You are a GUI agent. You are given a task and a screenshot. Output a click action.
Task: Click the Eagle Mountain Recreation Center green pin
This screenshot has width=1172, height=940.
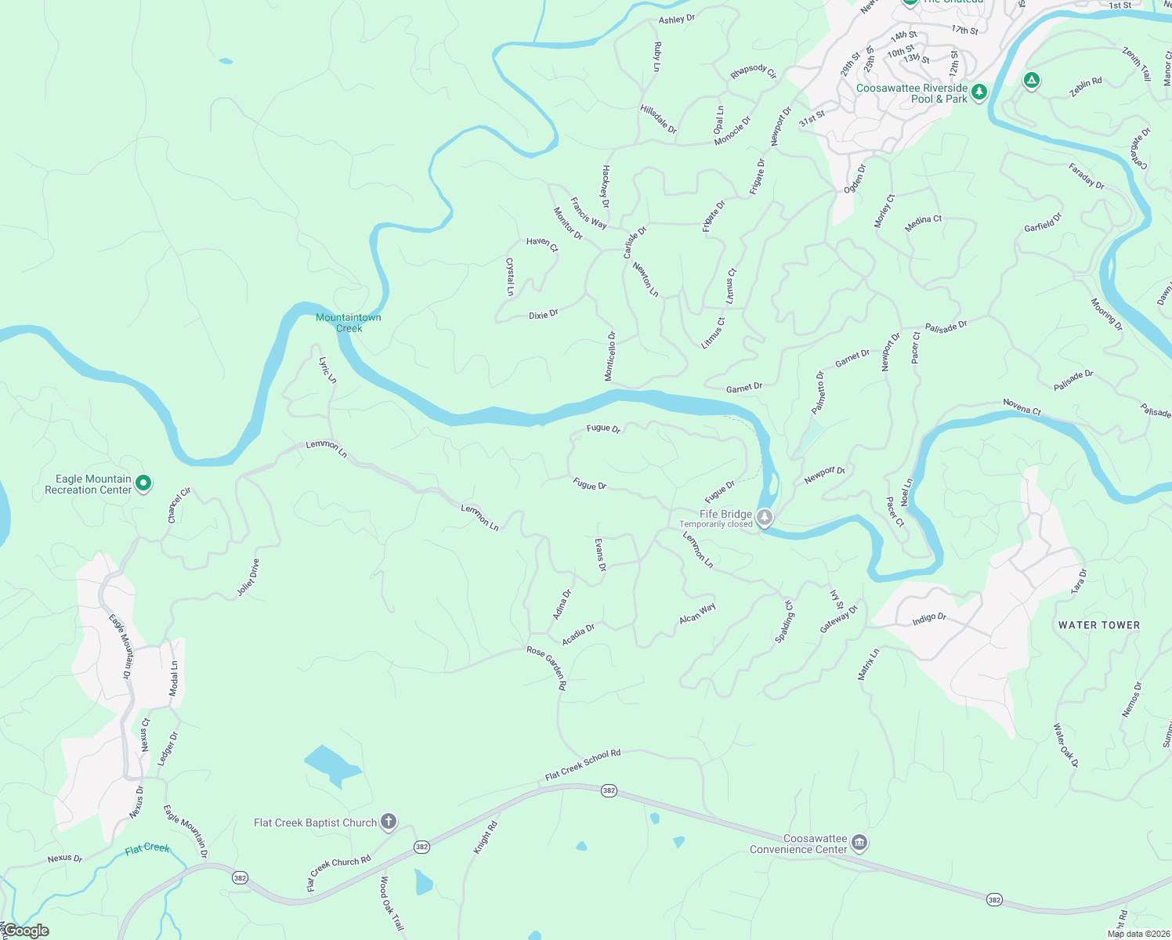(143, 483)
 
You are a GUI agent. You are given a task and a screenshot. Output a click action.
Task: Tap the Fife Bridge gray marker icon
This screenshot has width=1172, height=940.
(765, 518)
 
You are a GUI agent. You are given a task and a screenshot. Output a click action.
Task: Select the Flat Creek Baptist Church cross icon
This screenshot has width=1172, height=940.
(389, 822)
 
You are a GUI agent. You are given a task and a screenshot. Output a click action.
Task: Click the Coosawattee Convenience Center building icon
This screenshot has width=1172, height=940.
(859, 843)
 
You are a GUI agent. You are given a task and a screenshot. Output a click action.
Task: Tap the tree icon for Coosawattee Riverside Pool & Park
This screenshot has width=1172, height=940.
(979, 92)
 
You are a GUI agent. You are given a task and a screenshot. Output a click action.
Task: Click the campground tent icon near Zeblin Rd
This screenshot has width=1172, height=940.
(1032, 80)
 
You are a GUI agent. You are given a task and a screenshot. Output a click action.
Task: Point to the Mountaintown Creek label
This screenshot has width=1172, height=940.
(349, 323)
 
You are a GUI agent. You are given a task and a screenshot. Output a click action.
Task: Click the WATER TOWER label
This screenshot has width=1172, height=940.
(1099, 625)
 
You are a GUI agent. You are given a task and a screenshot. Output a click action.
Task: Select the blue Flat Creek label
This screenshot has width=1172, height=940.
(147, 848)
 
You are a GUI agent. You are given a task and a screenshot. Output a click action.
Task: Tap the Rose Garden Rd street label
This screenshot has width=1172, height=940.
(547, 667)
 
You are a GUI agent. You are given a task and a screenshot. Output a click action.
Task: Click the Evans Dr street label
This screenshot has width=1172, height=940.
(601, 555)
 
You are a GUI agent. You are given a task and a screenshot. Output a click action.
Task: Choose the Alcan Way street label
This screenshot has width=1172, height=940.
(697, 613)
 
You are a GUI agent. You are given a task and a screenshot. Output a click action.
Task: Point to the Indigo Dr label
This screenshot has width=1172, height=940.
(929, 619)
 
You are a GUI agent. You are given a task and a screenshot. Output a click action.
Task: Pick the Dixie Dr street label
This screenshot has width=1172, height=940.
(543, 315)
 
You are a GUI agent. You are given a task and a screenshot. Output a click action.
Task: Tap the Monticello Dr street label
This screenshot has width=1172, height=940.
(610, 356)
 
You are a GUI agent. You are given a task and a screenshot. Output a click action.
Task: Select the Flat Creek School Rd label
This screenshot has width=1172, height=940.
(583, 765)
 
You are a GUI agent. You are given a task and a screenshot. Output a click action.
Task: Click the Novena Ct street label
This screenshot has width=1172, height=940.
(1022, 407)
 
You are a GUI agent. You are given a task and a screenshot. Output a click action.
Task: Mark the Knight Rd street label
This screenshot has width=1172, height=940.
(486, 837)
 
